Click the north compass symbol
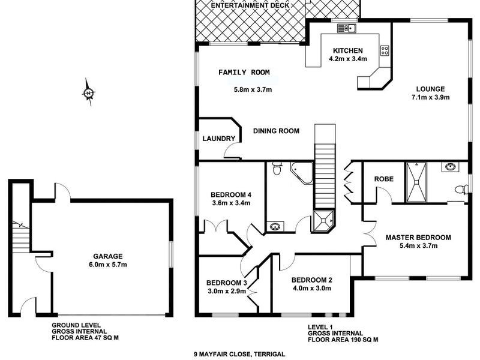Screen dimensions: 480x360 pyautogui.click(x=89, y=92)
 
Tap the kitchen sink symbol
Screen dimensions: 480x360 pyautogui.click(x=347, y=28)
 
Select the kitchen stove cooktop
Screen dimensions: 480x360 pyautogui.click(x=385, y=50)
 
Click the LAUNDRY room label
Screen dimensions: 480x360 pyautogui.click(x=219, y=139)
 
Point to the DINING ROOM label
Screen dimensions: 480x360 pyautogui.click(x=276, y=131)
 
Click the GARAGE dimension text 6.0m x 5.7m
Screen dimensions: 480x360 pyautogui.click(x=108, y=265)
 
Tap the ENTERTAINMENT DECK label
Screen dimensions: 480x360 pyautogui.click(x=250, y=5)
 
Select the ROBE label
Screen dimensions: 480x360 pyautogui.click(x=383, y=179)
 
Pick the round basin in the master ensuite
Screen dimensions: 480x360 pyautogui.click(x=451, y=167)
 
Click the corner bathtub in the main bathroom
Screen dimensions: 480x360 pyautogui.click(x=302, y=173)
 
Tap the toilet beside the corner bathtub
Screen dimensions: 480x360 pyautogui.click(x=277, y=169)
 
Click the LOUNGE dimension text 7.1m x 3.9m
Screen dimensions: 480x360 pyautogui.click(x=431, y=97)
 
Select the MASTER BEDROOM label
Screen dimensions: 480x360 pyautogui.click(x=418, y=238)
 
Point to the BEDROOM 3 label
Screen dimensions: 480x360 pyautogui.click(x=227, y=283)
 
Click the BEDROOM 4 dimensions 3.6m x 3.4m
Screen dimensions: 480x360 pyautogui.click(x=231, y=203)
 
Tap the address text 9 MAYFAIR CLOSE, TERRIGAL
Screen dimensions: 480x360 pyautogui.click(x=239, y=354)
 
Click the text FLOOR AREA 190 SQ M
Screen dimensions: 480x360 pyautogui.click(x=343, y=340)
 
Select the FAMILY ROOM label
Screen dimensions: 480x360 pyautogui.click(x=244, y=73)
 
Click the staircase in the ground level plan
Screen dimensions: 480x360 pyautogui.click(x=21, y=236)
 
